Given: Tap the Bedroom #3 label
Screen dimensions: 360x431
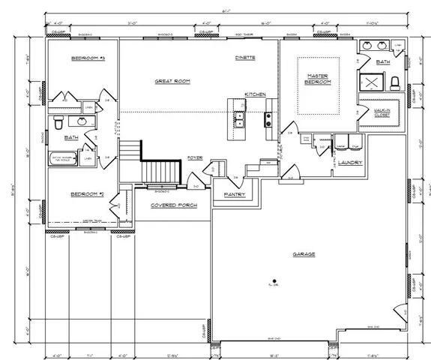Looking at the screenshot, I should [88, 58].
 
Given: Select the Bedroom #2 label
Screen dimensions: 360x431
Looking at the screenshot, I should [86, 194].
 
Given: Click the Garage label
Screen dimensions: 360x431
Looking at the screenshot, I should [304, 254].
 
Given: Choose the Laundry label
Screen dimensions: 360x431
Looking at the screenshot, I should [350, 162].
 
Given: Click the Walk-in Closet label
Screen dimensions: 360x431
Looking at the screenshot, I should [383, 112].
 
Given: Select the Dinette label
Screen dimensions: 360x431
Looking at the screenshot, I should [246, 57].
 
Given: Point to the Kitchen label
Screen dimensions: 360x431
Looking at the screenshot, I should [255, 94].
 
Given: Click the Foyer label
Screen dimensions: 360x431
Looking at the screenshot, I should [195, 157].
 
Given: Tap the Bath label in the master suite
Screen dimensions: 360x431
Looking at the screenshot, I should [383, 62].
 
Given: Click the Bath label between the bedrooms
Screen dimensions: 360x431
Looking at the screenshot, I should [71, 138].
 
